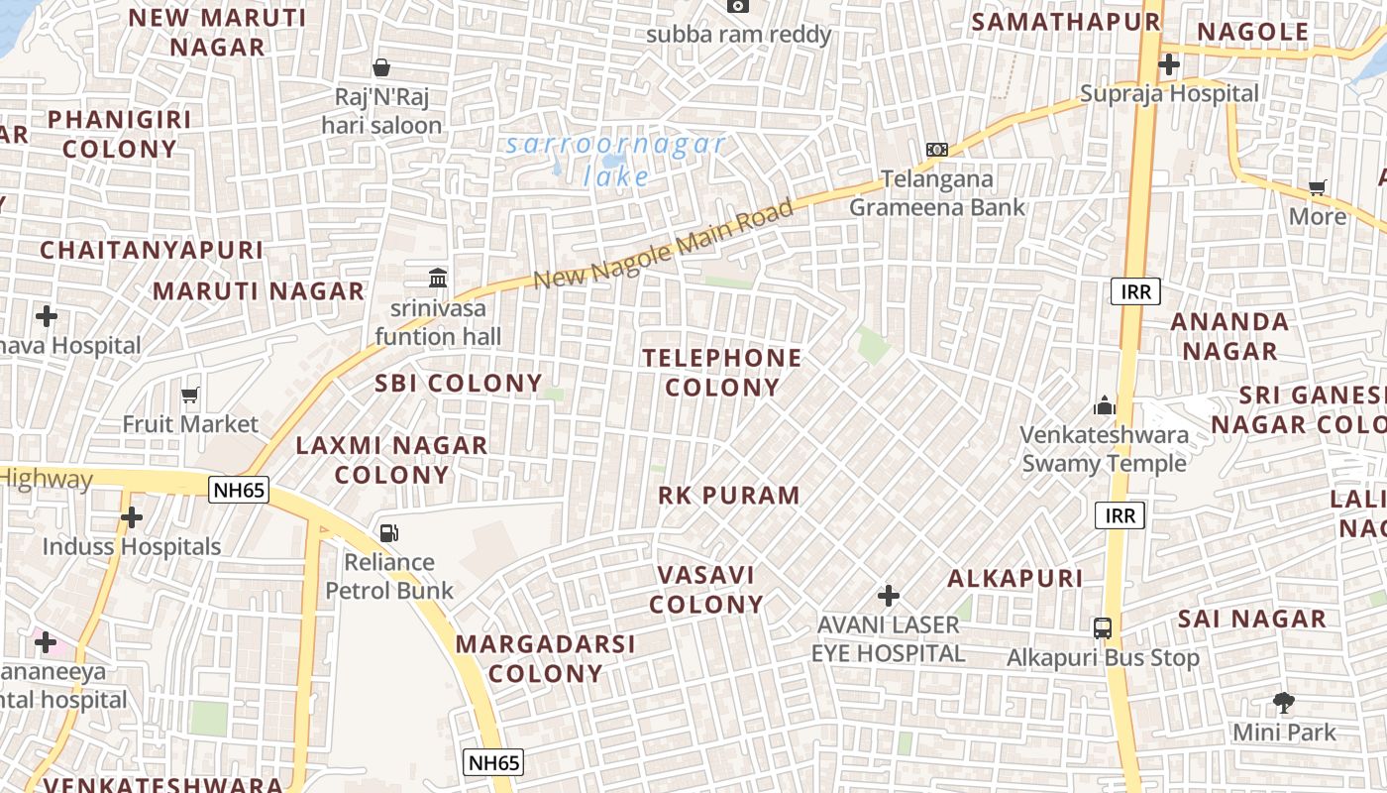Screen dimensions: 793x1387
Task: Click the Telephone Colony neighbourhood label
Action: pos(722,373)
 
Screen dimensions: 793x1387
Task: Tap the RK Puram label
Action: pos(729,496)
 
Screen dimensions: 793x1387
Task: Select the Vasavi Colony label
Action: pos(706,590)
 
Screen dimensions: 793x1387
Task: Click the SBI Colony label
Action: pos(459,384)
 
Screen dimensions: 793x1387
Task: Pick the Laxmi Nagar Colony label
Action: pos(392,460)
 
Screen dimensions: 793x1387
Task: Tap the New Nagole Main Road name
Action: pos(664,244)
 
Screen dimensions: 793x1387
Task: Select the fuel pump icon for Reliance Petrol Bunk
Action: pos(389,533)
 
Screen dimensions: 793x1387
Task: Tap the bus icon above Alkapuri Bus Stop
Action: pos(1103,627)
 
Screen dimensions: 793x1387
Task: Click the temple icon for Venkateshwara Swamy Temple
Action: pos(1105,405)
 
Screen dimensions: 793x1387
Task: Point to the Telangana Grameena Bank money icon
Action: pos(937,150)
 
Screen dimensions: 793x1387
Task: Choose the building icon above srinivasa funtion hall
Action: pos(438,278)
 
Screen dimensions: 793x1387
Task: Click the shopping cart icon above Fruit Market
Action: pos(190,395)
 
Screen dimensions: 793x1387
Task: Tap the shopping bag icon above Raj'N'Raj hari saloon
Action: pos(381,67)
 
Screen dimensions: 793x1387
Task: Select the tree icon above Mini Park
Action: pos(1284,703)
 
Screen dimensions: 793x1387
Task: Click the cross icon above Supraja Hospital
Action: pos(1169,64)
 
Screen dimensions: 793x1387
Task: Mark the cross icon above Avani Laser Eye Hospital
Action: pos(889,596)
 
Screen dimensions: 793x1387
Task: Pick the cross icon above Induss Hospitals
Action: pos(132,517)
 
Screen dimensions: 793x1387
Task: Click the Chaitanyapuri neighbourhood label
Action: pos(153,250)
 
